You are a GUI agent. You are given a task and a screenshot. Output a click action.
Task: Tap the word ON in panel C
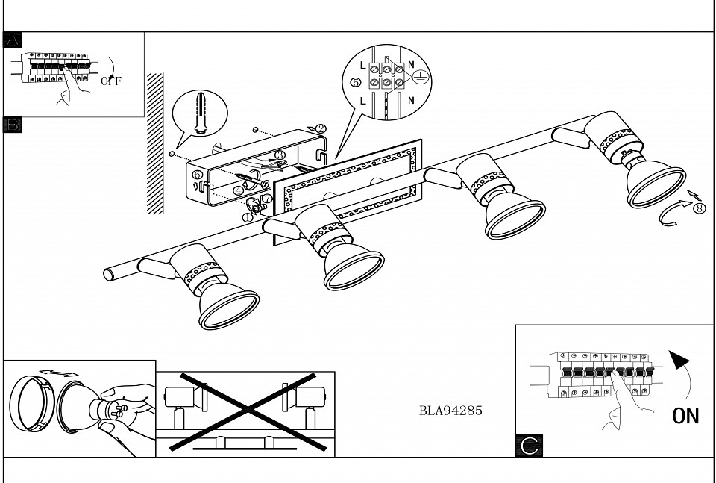tap(685, 415)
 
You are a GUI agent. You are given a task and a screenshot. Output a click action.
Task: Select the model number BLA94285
tap(450, 409)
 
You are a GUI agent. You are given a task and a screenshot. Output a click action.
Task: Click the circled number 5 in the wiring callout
tap(356, 82)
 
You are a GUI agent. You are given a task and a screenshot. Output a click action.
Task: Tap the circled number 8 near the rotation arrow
tap(699, 208)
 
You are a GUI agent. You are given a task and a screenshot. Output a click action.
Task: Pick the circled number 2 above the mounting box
tap(321, 129)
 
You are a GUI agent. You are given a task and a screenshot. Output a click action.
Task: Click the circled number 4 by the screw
tap(238, 190)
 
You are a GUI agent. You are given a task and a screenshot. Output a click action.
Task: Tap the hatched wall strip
tap(155, 142)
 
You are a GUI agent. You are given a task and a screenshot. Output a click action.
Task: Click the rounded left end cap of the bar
tap(110, 274)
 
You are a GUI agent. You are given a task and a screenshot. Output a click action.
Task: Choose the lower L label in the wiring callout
tap(363, 99)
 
